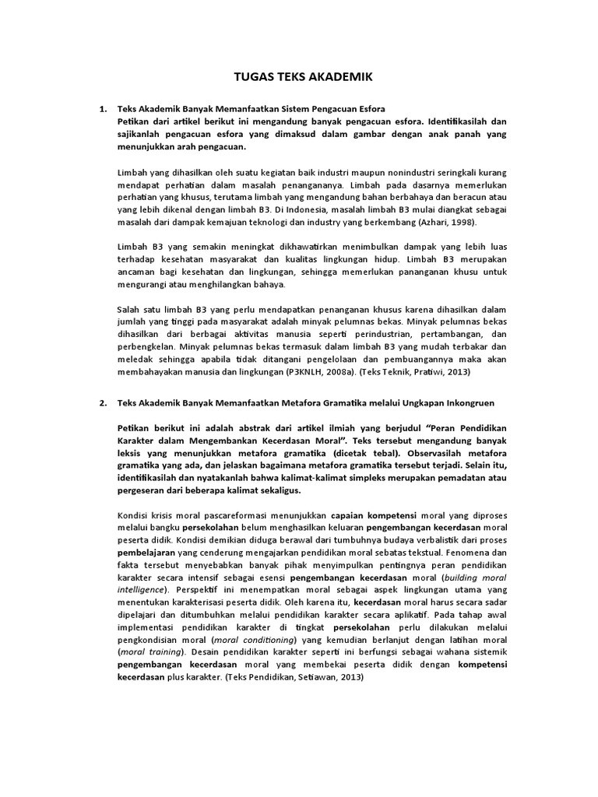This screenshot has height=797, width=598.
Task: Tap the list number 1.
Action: (102, 109)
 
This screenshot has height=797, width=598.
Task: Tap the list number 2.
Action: (102, 403)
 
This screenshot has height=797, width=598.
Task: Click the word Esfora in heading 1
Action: (371, 109)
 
